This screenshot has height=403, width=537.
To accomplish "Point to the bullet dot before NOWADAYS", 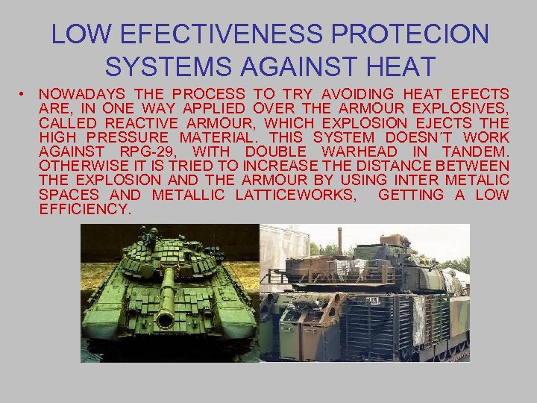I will [x=25, y=94].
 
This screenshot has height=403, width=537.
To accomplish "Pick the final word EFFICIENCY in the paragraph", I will [x=85, y=210].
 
